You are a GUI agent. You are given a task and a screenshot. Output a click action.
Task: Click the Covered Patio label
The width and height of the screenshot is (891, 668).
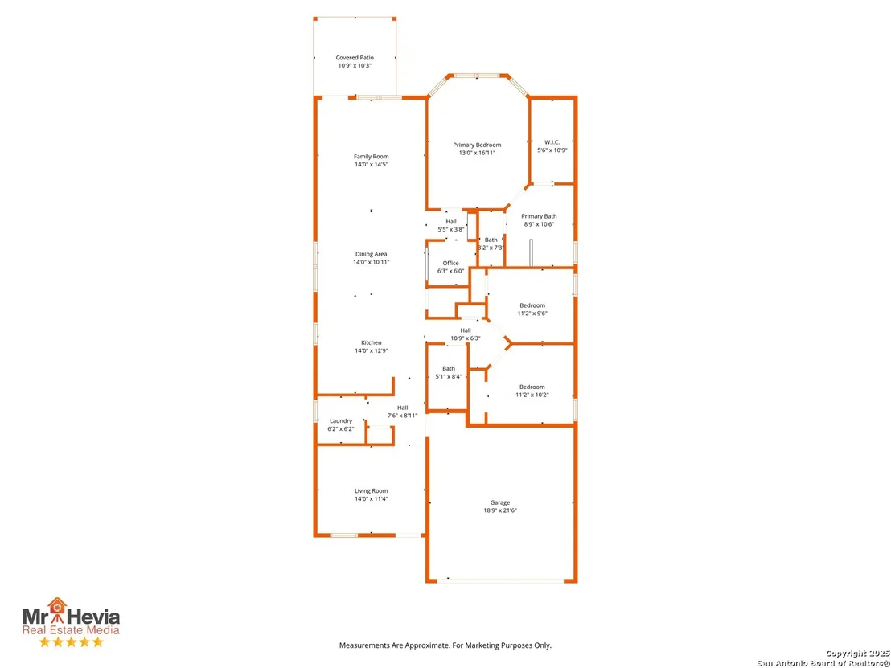tap(355, 57)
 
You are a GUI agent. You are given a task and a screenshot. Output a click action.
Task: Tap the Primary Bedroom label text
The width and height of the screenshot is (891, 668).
tap(477, 145)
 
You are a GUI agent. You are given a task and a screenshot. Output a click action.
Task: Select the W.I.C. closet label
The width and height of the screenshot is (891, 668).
tap(552, 142)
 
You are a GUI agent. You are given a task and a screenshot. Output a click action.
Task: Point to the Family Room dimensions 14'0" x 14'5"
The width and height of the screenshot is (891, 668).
tap(371, 165)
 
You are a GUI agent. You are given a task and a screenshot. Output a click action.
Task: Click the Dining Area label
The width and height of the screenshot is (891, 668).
tap(371, 254)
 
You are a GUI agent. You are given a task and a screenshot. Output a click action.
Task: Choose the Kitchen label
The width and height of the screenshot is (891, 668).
tap(371, 342)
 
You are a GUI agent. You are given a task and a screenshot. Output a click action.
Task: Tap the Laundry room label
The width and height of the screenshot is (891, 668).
tap(341, 421)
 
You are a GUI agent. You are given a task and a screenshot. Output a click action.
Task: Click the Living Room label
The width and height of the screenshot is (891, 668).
tap(371, 491)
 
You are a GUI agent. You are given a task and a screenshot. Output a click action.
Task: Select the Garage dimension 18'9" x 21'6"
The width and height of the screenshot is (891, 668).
tap(500, 510)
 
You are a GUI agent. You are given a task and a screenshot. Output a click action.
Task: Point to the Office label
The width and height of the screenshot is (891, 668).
tap(450, 263)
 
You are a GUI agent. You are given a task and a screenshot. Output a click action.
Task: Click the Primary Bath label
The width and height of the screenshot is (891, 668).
tap(539, 216)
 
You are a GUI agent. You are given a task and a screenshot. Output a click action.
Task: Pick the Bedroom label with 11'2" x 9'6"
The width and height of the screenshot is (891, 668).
tap(532, 305)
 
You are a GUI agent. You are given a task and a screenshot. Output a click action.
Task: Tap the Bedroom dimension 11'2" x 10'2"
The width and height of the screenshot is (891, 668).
tap(532, 395)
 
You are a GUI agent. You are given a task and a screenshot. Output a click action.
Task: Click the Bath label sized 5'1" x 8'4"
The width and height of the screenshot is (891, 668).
tap(449, 369)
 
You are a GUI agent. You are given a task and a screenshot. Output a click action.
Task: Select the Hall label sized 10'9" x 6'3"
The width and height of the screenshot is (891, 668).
tap(466, 330)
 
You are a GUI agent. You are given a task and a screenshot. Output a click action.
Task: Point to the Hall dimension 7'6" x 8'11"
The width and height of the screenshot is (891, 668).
tap(402, 416)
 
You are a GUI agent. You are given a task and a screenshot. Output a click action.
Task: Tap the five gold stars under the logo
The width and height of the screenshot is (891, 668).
tap(71, 642)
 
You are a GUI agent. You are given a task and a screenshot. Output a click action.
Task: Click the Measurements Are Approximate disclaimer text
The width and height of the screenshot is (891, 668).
tap(445, 645)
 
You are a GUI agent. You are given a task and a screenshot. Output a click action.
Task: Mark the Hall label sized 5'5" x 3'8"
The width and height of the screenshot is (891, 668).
tap(450, 222)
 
